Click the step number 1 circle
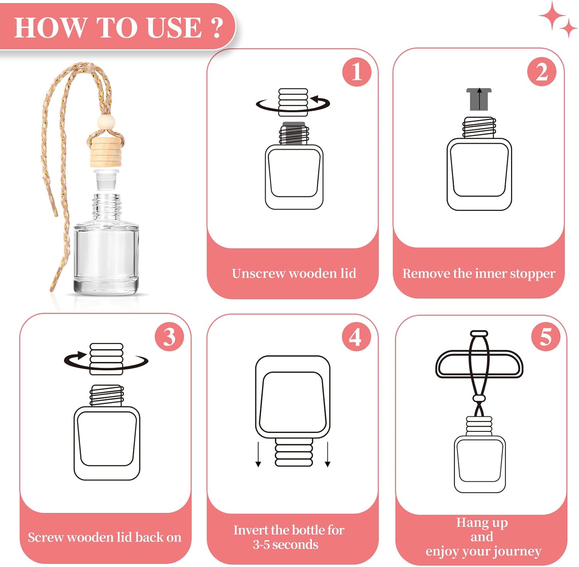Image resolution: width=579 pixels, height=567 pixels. point(357,72)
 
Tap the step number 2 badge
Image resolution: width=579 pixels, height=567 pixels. point(542,72)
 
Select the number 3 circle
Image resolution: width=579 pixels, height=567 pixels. point(169,337)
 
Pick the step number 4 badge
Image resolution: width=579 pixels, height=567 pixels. point(356,337)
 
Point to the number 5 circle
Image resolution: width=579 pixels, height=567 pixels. point(545,337)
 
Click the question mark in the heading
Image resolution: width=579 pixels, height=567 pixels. point(217,27)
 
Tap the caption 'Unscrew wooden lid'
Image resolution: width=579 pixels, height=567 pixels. point(294,273)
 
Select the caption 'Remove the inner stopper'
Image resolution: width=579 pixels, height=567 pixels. point(479,273)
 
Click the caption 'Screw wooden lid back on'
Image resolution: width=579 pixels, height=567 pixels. point(105,537)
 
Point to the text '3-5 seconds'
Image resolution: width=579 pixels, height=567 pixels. point(286,545)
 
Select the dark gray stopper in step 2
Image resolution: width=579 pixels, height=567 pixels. point(479,99)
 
